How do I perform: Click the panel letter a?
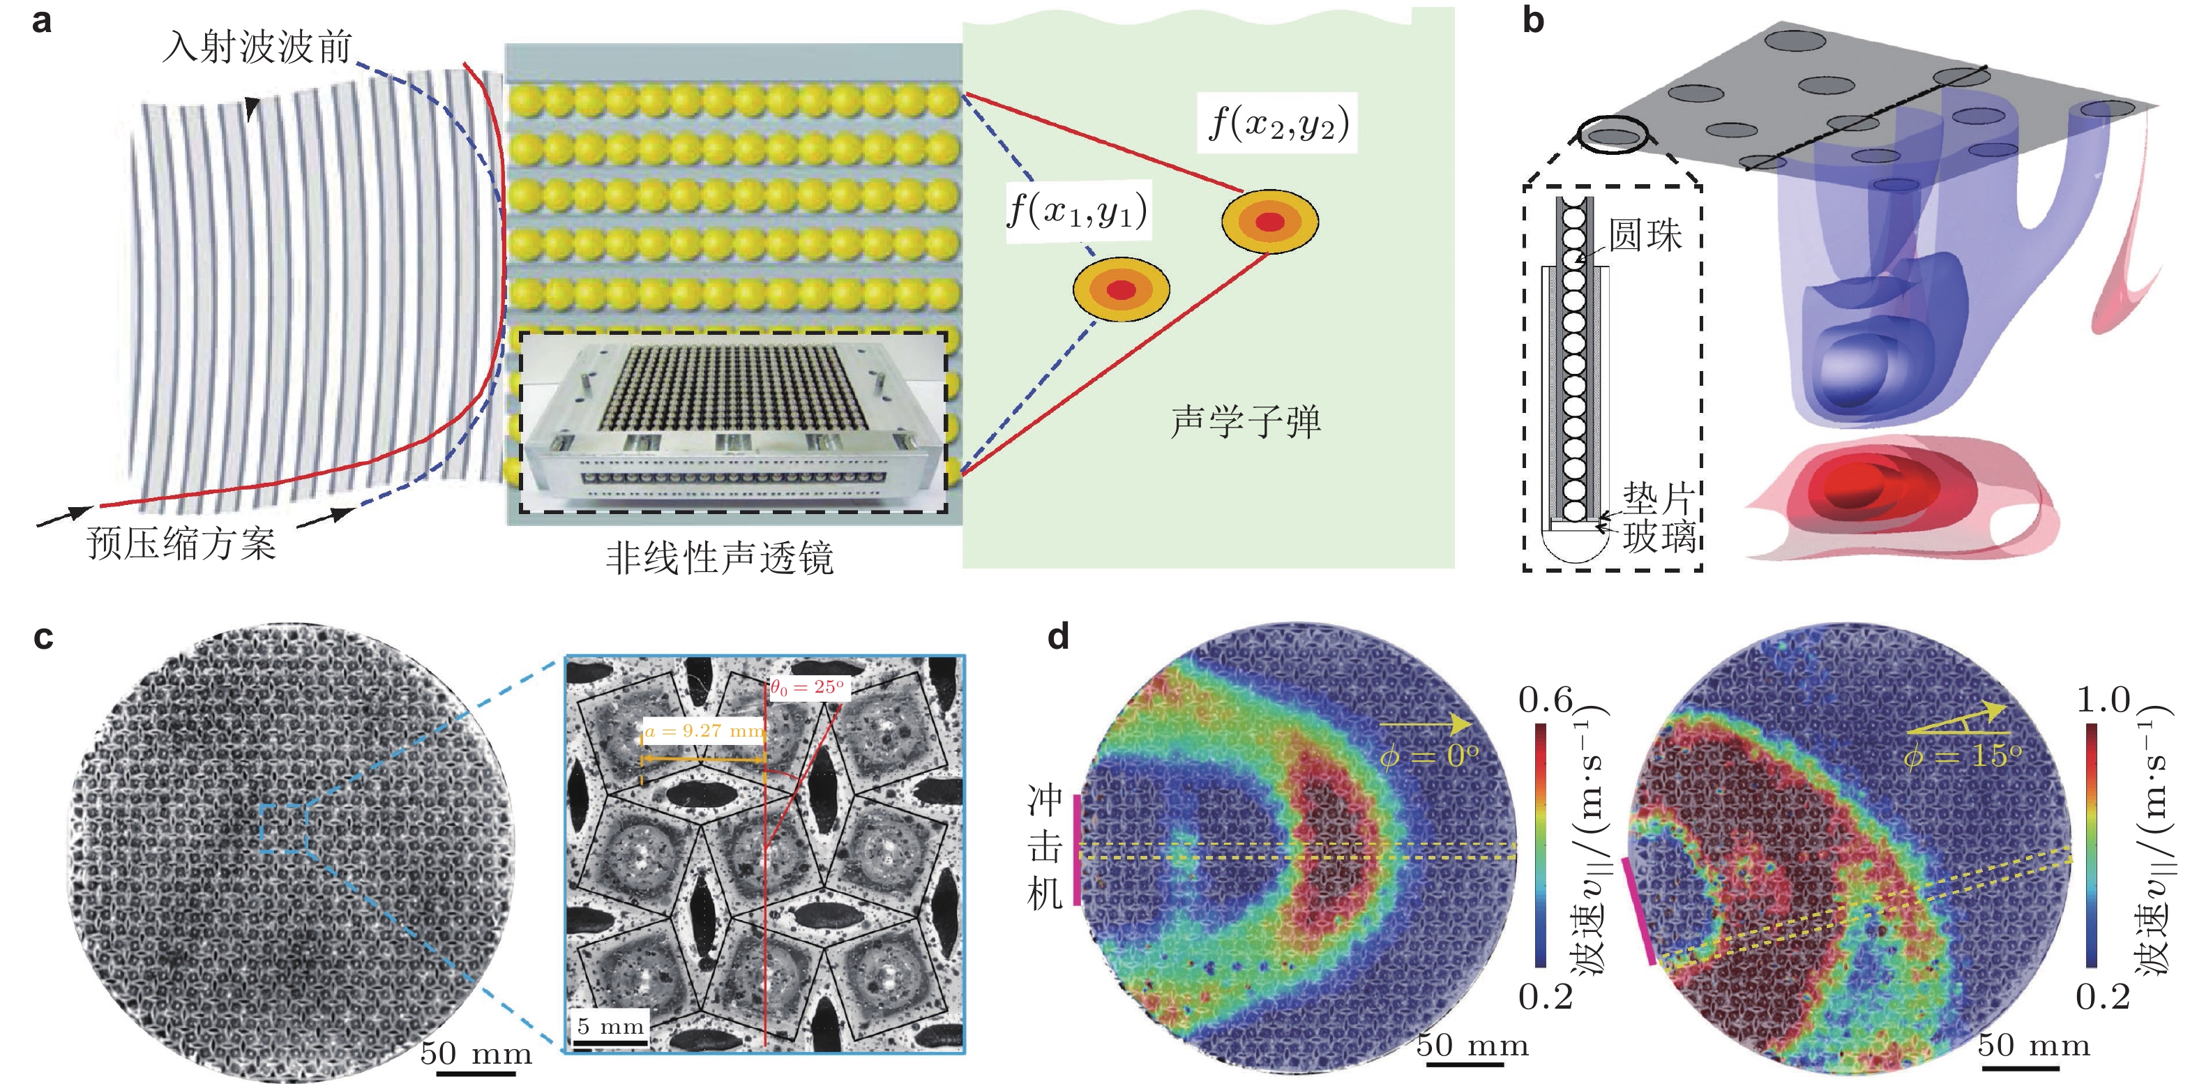pyautogui.click(x=41, y=20)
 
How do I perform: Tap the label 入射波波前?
pyautogui.click(x=257, y=46)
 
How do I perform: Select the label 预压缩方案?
pyautogui.click(x=181, y=543)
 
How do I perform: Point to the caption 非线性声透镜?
pyautogui.click(x=719, y=559)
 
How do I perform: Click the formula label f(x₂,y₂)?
pyautogui.click(x=1278, y=123)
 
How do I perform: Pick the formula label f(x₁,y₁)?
pyautogui.click(x=1077, y=210)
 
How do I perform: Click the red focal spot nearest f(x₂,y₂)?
pyautogui.click(x=1270, y=222)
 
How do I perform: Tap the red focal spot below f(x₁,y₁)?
pyautogui.click(x=1121, y=290)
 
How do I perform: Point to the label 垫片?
pyautogui.click(x=1658, y=497)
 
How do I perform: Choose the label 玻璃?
pyautogui.click(x=1658, y=537)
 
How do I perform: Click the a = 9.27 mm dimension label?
pyautogui.click(x=704, y=731)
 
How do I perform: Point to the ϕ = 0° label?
pyautogui.click(x=1428, y=755)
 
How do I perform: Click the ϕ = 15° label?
pyautogui.click(x=1961, y=755)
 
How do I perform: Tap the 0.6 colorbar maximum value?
pyautogui.click(x=1545, y=700)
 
